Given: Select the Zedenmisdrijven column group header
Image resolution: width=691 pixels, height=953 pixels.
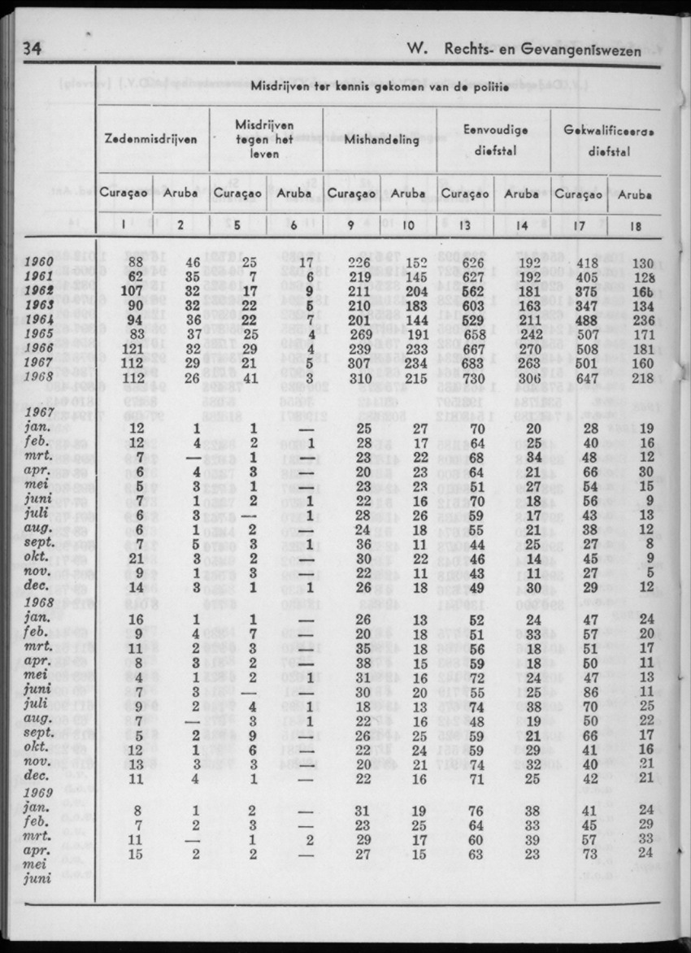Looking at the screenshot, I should pos(152,139).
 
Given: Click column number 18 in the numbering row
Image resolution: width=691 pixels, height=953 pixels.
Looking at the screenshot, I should pos(635,226).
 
